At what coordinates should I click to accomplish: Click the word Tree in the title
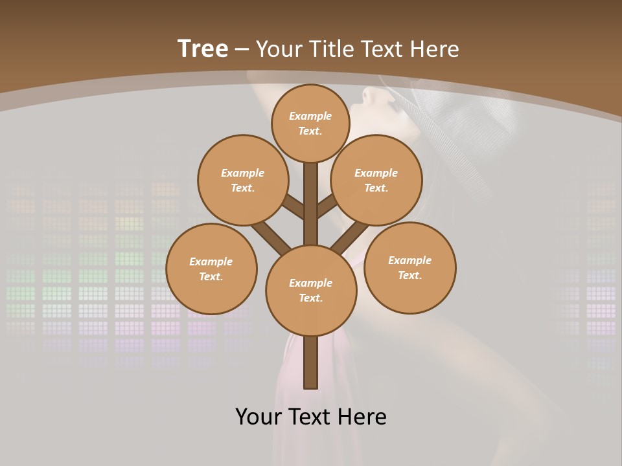click(x=203, y=49)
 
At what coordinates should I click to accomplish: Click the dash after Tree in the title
click(x=242, y=50)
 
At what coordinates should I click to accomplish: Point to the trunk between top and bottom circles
click(x=310, y=204)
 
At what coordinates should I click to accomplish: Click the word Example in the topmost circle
click(x=310, y=116)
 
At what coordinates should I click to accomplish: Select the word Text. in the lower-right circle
click(x=409, y=276)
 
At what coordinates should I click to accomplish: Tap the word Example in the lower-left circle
click(x=211, y=262)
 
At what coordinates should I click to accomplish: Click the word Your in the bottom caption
click(x=259, y=417)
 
